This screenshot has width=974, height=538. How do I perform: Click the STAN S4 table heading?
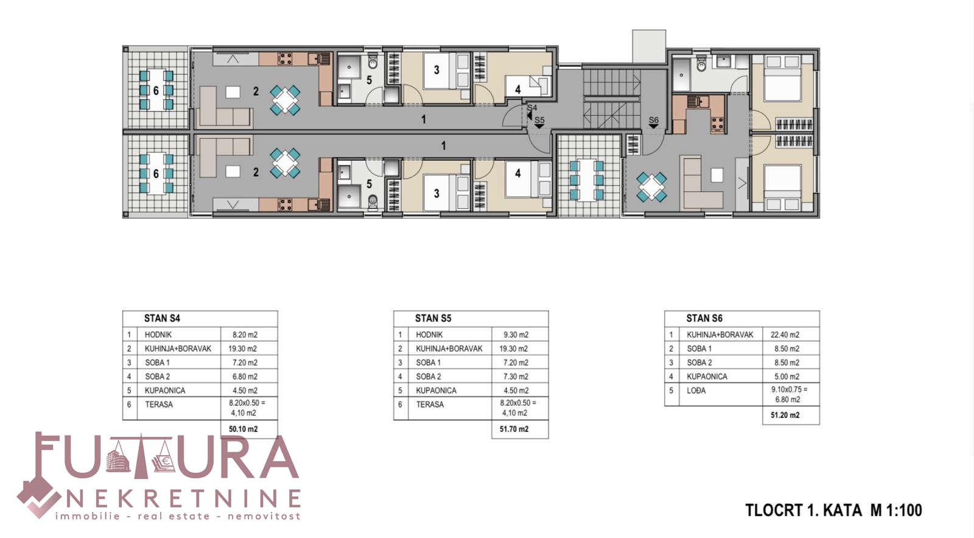coord(162,318)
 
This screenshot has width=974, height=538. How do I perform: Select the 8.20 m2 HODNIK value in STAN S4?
coord(245,334)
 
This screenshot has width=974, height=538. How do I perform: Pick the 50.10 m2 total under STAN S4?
coord(243,429)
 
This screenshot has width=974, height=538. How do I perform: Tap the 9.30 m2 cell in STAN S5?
coord(516,334)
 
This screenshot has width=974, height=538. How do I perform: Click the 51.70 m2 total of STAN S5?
coord(514,429)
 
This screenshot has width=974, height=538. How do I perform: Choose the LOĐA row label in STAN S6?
coord(696,391)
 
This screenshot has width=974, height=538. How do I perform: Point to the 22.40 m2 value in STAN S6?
coord(785,334)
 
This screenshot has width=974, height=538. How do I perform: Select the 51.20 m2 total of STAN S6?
coord(785,415)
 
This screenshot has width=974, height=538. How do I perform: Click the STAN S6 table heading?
coord(704,318)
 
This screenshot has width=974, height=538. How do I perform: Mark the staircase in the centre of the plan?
coord(611,99)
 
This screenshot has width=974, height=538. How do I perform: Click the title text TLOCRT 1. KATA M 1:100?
coord(833,510)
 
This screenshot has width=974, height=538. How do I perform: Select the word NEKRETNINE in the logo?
coord(183,498)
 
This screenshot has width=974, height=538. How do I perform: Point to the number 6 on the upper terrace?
coord(156,91)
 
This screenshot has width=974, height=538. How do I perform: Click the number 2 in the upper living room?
coord(256,91)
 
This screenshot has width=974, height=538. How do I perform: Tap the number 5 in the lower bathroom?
coord(369,184)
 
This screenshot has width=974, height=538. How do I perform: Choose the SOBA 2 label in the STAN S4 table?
coord(158,377)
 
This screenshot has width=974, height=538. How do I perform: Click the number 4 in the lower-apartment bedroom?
coord(517,173)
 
